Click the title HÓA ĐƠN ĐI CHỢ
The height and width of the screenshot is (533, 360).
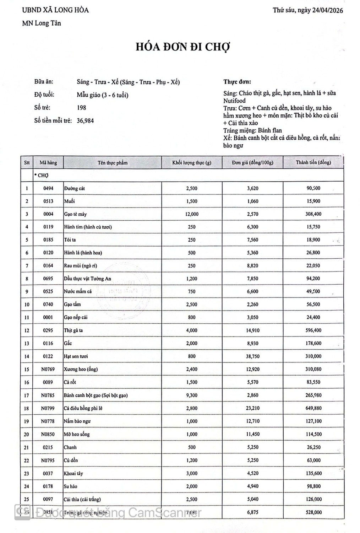click(183, 47)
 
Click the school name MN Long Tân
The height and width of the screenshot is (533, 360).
click(42, 23)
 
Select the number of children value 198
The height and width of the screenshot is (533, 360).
click(81, 108)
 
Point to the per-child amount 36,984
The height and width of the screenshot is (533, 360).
click(85, 121)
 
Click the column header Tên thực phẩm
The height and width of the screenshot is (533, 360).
click(113, 163)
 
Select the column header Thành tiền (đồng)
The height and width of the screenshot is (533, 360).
click(313, 162)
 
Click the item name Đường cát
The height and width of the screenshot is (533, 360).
click(74, 188)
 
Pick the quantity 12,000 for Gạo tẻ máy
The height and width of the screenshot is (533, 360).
click(192, 214)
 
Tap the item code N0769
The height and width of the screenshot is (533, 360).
click(48, 369)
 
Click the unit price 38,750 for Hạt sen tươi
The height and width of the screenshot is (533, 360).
click(252, 356)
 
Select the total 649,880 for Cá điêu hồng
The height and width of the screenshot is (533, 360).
click(313, 408)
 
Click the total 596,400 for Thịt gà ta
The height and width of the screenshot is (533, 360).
click(313, 330)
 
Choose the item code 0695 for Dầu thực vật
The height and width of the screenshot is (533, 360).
click(48, 279)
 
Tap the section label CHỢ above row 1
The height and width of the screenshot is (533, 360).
click(43, 176)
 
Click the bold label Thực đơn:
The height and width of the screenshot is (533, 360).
click(237, 82)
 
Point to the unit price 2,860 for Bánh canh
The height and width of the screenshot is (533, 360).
click(252, 395)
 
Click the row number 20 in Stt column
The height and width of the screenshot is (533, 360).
click(27, 434)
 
